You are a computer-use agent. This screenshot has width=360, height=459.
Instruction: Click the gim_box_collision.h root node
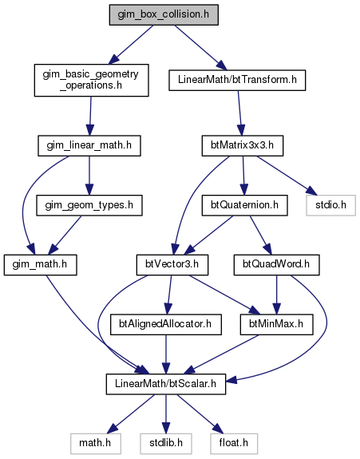[x=164, y=14]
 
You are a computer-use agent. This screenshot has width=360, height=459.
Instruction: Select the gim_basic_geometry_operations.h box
[x=91, y=80]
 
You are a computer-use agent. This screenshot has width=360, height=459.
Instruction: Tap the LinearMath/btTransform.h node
[x=237, y=80]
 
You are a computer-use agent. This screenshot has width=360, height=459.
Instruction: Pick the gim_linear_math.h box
[x=89, y=145]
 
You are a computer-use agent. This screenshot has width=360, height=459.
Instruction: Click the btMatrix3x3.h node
[x=243, y=145]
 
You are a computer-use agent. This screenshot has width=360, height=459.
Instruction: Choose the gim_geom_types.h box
[x=89, y=205]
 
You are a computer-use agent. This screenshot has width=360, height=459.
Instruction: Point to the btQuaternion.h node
[x=244, y=205]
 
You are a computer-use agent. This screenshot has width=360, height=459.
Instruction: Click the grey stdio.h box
[x=330, y=205]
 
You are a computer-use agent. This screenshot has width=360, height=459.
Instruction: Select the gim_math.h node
[x=41, y=265]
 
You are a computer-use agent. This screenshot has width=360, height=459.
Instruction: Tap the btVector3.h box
[x=172, y=265]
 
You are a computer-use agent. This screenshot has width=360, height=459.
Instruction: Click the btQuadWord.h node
[x=276, y=265]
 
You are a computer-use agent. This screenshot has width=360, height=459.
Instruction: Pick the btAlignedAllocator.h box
[x=166, y=324]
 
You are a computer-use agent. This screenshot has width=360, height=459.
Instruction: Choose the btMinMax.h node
[x=276, y=324]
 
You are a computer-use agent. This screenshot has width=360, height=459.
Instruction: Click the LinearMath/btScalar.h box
[x=166, y=384]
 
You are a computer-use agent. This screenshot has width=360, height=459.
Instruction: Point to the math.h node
[x=96, y=443]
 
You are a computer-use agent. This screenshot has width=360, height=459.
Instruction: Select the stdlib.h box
[x=166, y=443]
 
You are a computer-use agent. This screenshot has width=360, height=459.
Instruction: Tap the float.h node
[x=234, y=443]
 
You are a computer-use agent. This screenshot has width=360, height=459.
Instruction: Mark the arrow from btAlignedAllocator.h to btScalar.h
[x=166, y=354]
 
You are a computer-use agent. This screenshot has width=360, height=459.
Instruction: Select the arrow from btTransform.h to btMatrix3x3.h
[x=239, y=113]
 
